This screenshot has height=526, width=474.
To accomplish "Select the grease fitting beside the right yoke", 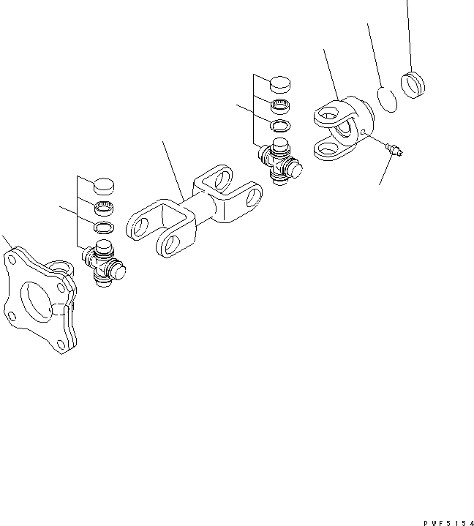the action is pyautogui.click(x=394, y=149).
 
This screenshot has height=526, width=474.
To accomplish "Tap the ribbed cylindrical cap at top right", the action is pyautogui.click(x=413, y=85).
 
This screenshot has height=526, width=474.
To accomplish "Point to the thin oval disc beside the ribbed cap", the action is pyautogui.click(x=387, y=99).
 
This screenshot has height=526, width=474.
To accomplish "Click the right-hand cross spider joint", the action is pyautogui.click(x=280, y=162).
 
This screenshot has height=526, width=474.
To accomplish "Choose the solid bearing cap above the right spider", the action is pyautogui.click(x=280, y=85).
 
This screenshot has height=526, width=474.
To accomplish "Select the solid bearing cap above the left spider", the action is pyautogui.click(x=104, y=187).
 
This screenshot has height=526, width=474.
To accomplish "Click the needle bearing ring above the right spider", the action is pyautogui.click(x=280, y=107).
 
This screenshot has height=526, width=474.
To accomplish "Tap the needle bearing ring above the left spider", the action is pyautogui.click(x=104, y=208).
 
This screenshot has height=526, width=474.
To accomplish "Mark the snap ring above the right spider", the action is pyautogui.click(x=280, y=126).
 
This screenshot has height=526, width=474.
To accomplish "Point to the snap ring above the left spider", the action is pyautogui.click(x=104, y=228).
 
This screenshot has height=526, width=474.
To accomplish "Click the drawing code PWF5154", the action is pyautogui.click(x=448, y=523).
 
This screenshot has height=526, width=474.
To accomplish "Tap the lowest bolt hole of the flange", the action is pyautogui.click(x=61, y=345).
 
